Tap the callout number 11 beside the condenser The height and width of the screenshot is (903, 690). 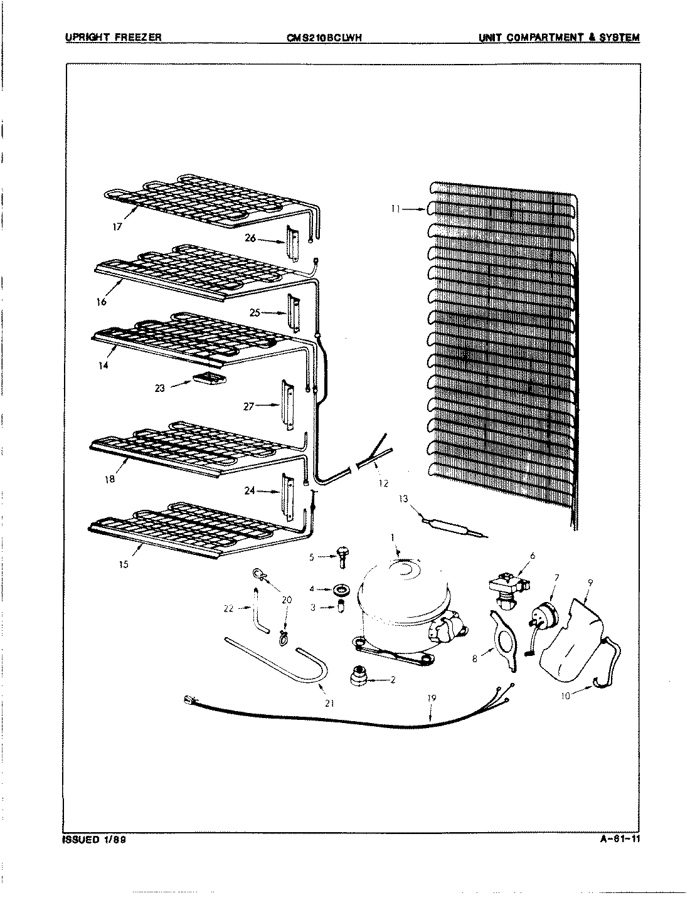[x=395, y=210]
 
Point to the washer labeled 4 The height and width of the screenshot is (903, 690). [x=341, y=589]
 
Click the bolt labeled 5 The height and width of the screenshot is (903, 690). [x=342, y=556]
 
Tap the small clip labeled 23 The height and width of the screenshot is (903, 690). [x=210, y=378]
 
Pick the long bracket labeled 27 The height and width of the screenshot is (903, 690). [x=287, y=405]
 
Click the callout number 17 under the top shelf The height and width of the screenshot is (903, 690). [x=117, y=228]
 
